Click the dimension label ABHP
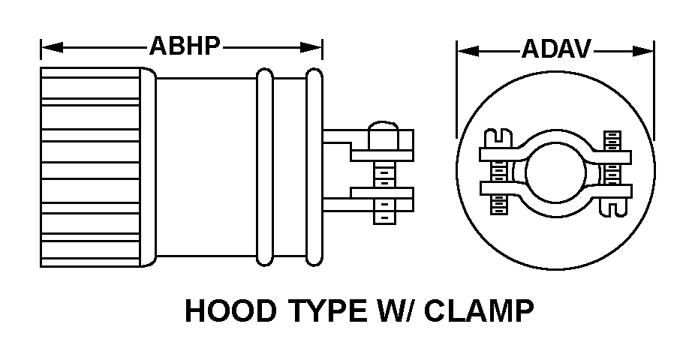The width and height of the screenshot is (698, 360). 185,46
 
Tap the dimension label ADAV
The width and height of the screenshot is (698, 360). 556,50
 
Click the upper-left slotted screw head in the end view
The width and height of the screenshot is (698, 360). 495,137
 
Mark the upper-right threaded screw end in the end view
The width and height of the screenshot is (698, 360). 612,140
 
